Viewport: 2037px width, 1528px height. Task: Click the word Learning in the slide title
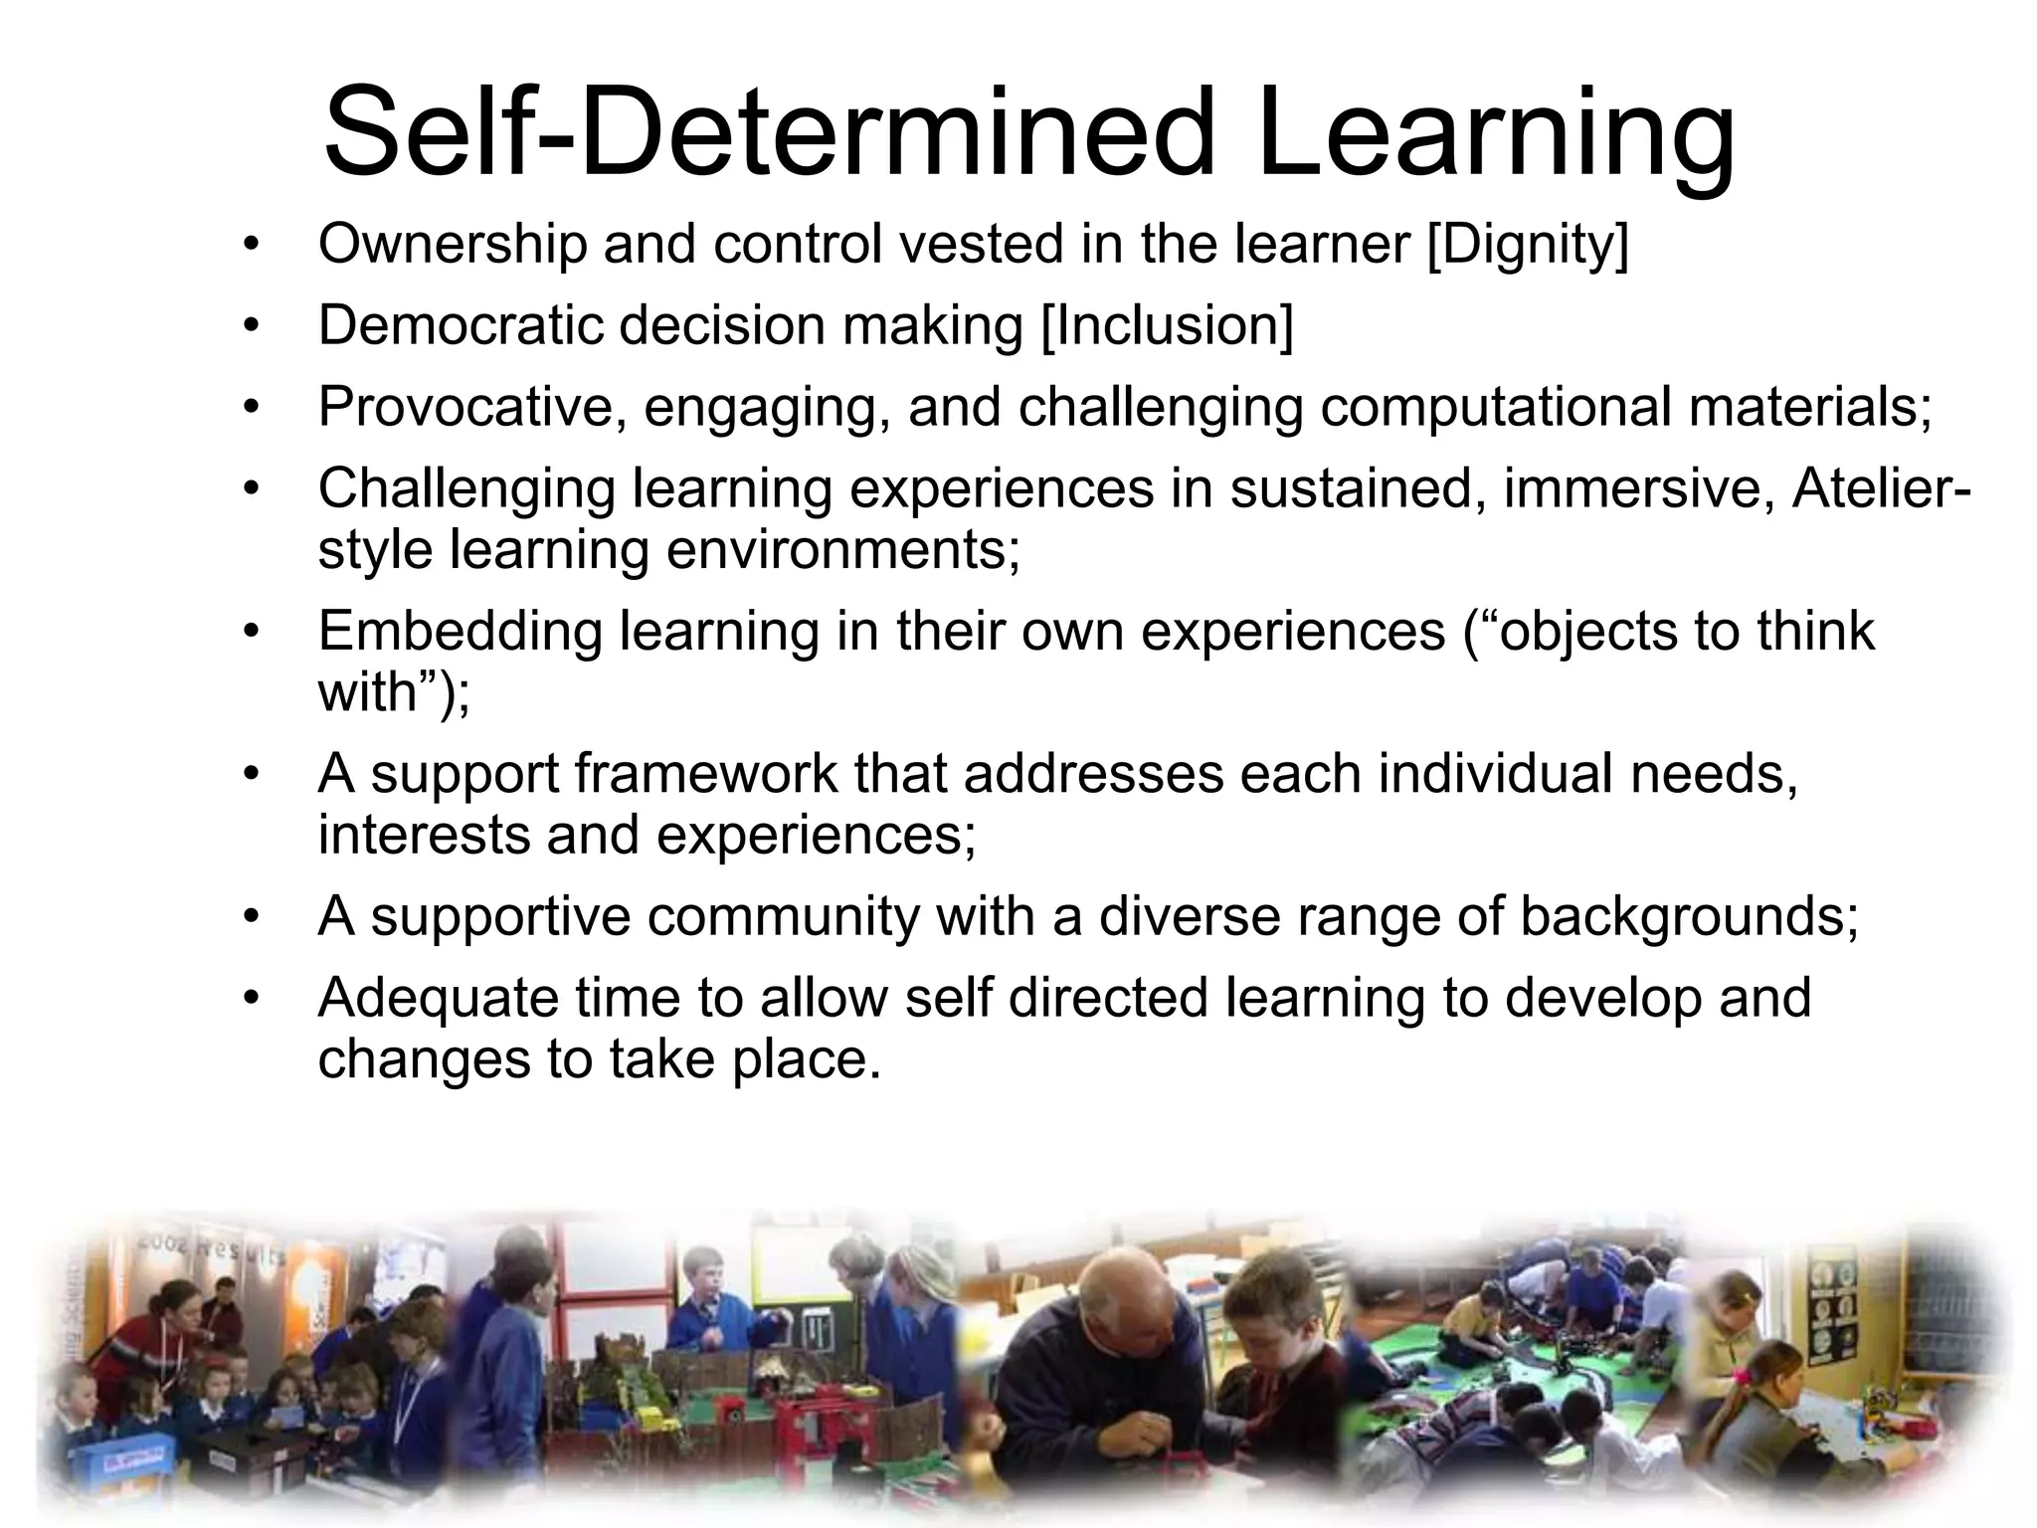1496,134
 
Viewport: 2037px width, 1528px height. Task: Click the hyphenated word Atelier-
1881,488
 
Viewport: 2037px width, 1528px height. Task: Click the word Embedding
461,631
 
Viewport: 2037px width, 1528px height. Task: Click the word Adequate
437,998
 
